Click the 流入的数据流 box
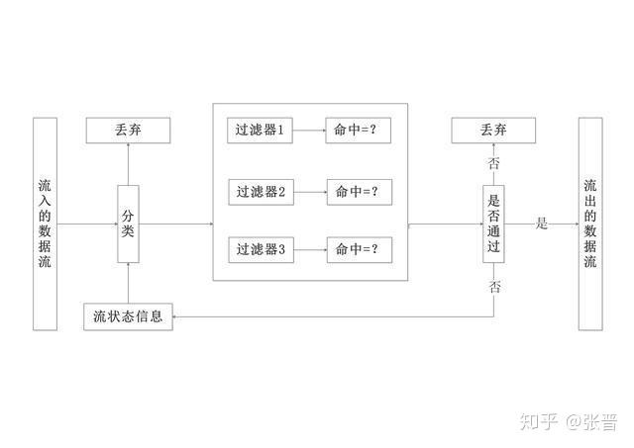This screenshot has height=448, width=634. (45, 224)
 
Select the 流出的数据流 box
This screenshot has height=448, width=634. (590, 224)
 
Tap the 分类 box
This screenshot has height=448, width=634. (128, 224)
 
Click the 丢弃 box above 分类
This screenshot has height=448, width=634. (128, 130)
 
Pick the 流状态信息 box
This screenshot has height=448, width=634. (129, 317)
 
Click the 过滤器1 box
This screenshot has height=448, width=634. (261, 130)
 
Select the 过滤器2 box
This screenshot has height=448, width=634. (261, 191)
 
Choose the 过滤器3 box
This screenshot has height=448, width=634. (261, 250)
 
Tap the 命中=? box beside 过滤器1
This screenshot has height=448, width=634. (358, 130)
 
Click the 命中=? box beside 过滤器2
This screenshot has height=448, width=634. (358, 191)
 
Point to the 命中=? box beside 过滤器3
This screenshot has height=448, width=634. (358, 250)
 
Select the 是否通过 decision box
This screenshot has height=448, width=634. (494, 224)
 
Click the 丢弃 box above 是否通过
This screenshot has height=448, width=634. (493, 130)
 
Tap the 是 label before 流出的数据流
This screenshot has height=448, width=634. (542, 224)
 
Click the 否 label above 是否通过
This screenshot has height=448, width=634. (493, 163)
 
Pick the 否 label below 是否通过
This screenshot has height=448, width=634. (494, 287)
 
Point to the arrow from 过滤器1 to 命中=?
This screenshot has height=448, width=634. (310, 130)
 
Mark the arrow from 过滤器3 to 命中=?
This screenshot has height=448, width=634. (310, 250)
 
